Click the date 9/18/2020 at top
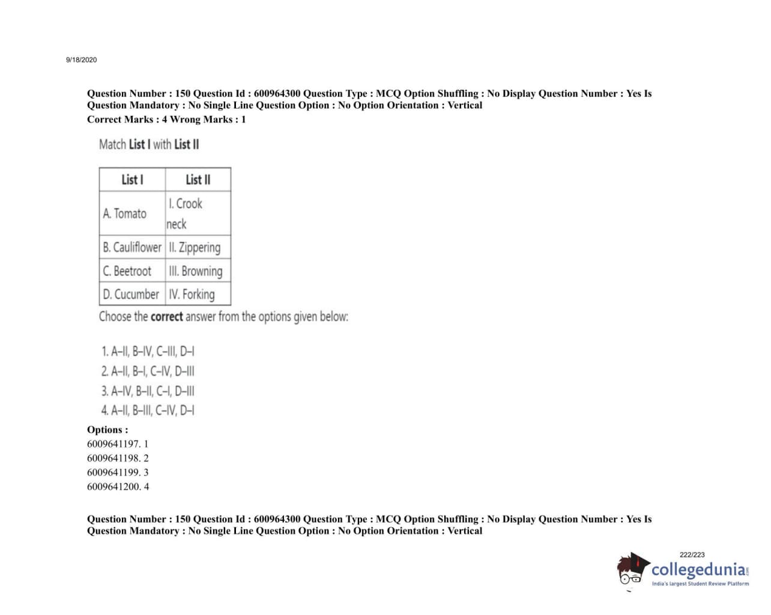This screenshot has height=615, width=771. [x=81, y=60]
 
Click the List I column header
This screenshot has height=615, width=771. [x=132, y=179]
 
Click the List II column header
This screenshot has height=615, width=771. [x=198, y=179]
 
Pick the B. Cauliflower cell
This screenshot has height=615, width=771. [x=132, y=247]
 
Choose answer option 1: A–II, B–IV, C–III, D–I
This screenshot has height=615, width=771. [x=148, y=351]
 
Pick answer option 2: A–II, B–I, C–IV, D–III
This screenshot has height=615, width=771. [x=148, y=371]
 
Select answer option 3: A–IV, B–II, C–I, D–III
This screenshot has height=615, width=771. [x=148, y=391]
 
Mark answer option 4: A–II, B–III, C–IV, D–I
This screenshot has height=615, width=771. [x=148, y=410]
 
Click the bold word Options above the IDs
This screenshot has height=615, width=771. [x=107, y=430]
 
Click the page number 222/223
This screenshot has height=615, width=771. [x=692, y=555]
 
